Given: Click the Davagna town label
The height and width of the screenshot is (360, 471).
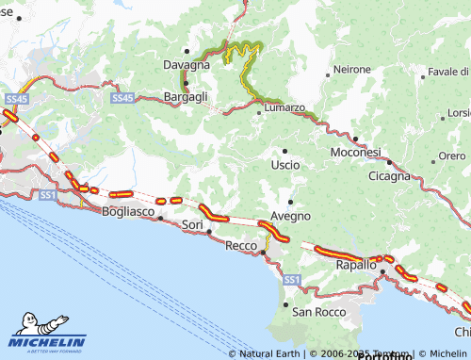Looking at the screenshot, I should pyautogui.click(x=186, y=64).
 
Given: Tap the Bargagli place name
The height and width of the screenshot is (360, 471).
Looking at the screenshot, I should pyautogui.click(x=186, y=96).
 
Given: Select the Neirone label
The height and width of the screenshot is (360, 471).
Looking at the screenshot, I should pyautogui.click(x=352, y=70).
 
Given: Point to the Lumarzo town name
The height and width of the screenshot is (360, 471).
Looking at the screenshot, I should pyautogui.click(x=284, y=107).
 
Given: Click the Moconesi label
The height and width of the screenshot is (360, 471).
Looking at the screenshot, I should pyautogui.click(x=355, y=152).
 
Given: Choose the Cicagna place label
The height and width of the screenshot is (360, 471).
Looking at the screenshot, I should pyautogui.click(x=389, y=175).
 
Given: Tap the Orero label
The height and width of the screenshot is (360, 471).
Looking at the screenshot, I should pyautogui.click(x=452, y=155).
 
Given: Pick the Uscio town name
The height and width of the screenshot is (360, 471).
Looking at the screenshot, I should pyautogui.click(x=285, y=164).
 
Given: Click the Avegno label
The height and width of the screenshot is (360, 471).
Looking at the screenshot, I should pyautogui.click(x=290, y=216).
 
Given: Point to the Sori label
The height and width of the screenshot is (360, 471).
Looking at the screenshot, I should pyautogui.click(x=192, y=225).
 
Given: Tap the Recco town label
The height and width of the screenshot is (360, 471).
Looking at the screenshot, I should pyautogui.click(x=242, y=245).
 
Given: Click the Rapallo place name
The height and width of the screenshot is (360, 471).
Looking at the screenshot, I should pyautogui.click(x=357, y=265).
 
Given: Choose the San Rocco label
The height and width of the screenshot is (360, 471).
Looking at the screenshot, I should pyautogui.click(x=318, y=311).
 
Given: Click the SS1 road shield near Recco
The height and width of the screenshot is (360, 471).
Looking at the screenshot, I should pyautogui.click(x=291, y=280).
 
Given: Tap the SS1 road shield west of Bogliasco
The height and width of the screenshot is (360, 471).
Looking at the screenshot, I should pyautogui.click(x=49, y=195).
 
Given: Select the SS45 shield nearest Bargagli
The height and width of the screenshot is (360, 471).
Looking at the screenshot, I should pyautogui.click(x=122, y=97).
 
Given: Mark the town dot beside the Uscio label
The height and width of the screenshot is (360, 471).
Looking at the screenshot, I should pyautogui.click(x=285, y=150).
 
